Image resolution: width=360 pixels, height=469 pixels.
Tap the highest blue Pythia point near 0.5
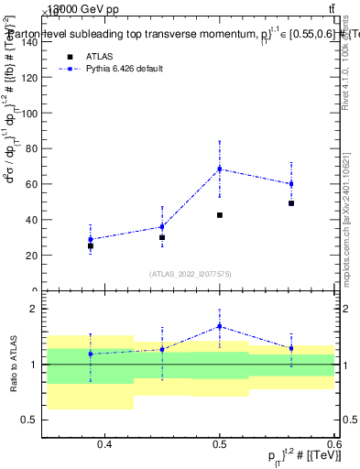(x=220, y=169)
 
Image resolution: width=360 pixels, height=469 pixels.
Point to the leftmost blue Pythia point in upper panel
(x=91, y=239)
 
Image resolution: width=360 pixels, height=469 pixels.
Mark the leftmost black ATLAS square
(x=91, y=246)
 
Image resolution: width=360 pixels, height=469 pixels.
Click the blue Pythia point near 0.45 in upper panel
(x=162, y=227)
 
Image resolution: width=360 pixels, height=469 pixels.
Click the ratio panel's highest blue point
(x=220, y=326)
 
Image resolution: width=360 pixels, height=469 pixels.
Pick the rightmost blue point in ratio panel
(x=291, y=348)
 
